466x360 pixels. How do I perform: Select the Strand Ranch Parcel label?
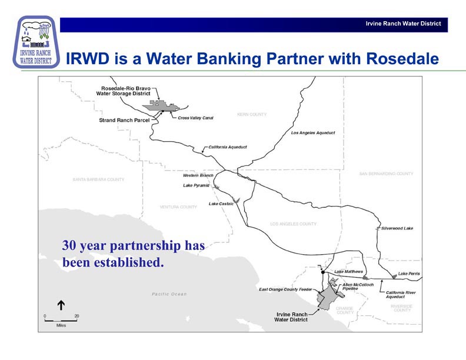click(124, 120)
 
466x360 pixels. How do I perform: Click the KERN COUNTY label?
click(252, 114)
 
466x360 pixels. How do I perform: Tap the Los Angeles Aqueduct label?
click(313, 133)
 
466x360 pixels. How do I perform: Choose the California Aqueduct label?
click(228, 146)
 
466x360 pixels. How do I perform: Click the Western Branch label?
click(198, 175)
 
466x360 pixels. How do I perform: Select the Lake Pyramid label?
click(196, 185)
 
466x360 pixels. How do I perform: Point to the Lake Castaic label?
click(221, 204)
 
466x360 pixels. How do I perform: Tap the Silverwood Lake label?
click(397, 228)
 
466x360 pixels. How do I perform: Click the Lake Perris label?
click(409, 274)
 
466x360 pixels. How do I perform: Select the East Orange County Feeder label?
click(285, 289)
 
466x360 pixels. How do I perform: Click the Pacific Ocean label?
click(169, 294)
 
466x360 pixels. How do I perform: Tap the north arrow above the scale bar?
click(60, 305)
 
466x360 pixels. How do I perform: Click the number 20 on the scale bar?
click(76, 316)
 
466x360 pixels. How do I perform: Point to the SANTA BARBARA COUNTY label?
click(98, 179)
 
